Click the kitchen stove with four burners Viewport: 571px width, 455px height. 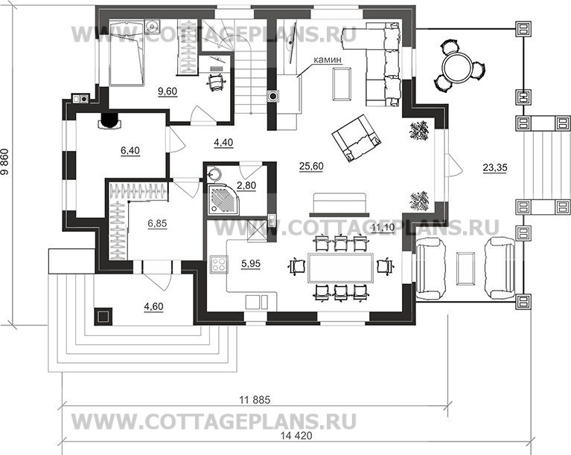coord(220,265)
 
